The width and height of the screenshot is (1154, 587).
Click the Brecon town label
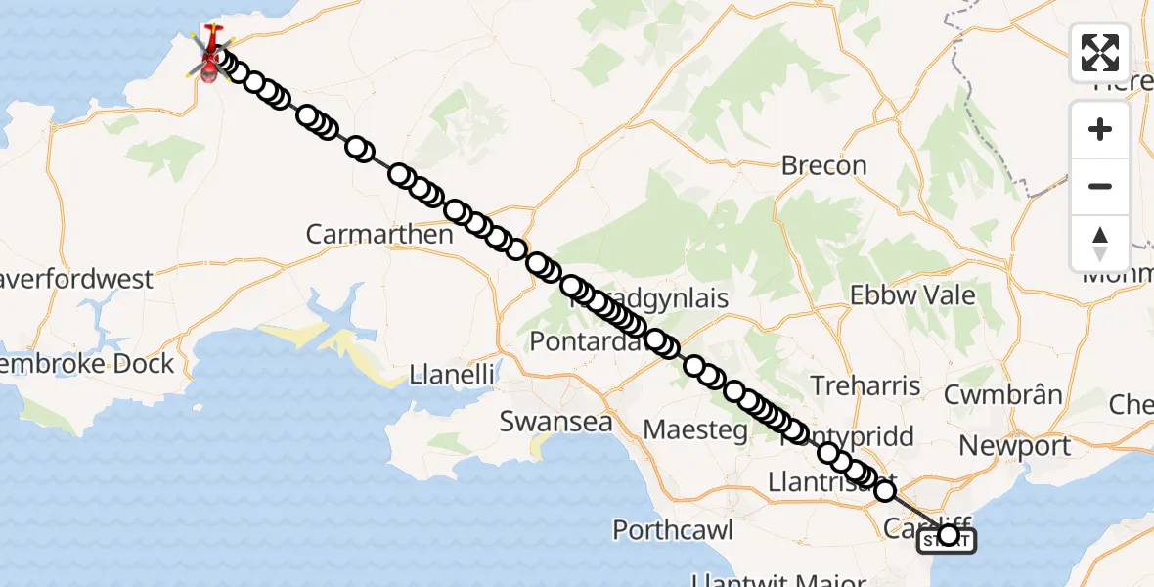click(x=823, y=166)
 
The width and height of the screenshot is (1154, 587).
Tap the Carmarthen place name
click(x=379, y=235)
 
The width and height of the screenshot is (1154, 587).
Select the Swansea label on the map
click(x=555, y=422)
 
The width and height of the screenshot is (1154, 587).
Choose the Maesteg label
click(x=695, y=429)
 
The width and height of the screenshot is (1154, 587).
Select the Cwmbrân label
click(x=1002, y=395)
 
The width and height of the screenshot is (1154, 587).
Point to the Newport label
click(x=1014, y=447)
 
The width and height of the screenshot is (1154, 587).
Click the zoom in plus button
click(x=1100, y=129)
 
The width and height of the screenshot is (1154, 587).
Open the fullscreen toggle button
click(x=1100, y=53)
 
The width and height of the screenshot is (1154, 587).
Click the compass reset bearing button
click(x=1100, y=243)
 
